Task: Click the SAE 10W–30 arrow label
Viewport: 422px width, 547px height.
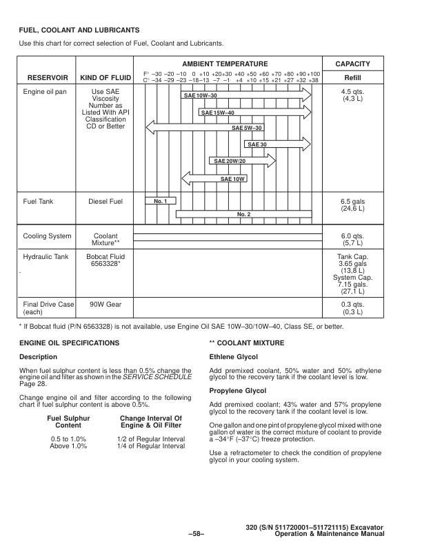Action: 201,95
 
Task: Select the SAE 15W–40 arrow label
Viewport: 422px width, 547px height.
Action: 218,113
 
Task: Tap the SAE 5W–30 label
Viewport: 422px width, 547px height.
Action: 248,128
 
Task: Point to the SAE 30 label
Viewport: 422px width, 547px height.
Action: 257,144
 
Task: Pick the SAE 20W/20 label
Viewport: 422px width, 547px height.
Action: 230,161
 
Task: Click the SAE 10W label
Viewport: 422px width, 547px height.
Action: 232,179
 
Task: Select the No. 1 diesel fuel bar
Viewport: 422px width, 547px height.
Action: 161,201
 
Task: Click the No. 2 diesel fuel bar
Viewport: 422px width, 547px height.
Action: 243,214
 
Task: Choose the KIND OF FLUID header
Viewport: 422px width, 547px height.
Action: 106,77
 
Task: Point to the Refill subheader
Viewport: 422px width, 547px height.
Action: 352,77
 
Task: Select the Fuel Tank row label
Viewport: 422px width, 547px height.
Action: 38,202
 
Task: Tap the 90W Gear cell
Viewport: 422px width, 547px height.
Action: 105,303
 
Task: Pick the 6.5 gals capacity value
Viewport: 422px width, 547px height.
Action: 352,202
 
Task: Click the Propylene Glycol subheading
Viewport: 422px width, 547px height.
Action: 238,391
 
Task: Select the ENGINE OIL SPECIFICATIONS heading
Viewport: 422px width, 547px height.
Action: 69,343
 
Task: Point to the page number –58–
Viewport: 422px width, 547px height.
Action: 197,534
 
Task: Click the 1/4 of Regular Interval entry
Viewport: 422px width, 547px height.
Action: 151,447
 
